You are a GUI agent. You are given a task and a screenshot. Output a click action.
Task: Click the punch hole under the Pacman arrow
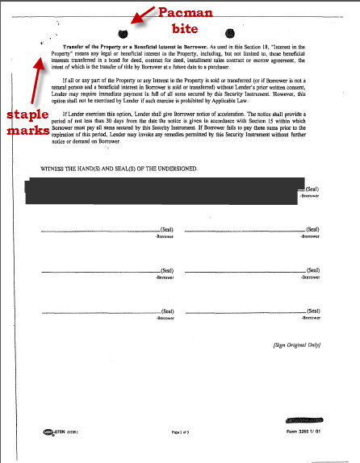(x=122, y=33)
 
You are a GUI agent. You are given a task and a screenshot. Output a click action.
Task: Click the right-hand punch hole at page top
(x=230, y=33)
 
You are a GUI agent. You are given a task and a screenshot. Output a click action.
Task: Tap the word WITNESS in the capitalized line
(x=41, y=169)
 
